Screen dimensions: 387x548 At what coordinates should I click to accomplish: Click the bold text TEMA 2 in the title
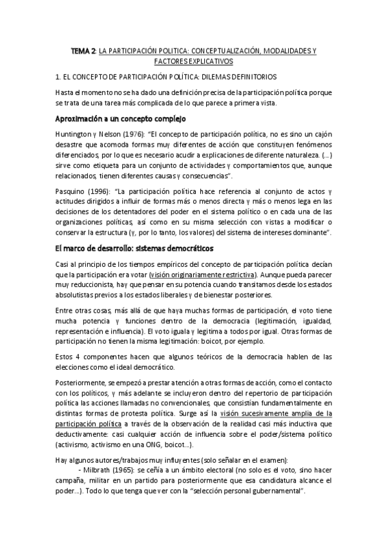point(83,50)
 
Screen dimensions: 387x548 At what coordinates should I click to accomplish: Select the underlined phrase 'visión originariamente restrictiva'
point(202,275)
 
